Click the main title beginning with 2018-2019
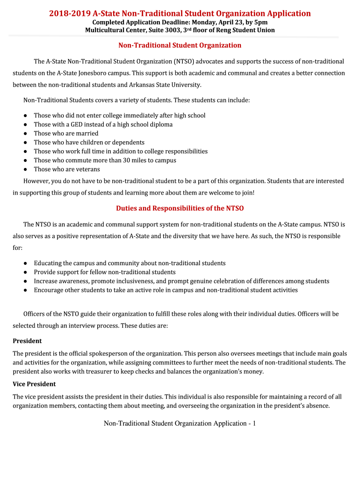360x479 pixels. click(180, 14)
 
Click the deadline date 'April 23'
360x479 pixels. click(227, 22)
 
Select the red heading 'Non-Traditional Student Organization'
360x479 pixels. click(180, 45)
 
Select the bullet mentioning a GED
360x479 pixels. click(103, 124)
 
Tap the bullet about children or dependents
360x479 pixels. click(89, 142)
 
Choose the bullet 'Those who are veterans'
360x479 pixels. click(67, 169)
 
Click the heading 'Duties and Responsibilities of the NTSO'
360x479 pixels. click(180, 208)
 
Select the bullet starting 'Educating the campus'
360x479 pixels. click(130, 263)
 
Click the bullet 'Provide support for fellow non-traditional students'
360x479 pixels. click(105, 272)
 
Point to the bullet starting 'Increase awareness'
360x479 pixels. click(181, 281)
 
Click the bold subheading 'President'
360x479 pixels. click(27, 341)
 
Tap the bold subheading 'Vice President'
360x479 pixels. click(34, 384)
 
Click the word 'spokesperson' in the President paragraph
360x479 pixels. click(105, 353)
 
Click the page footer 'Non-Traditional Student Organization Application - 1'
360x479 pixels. click(180, 423)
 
